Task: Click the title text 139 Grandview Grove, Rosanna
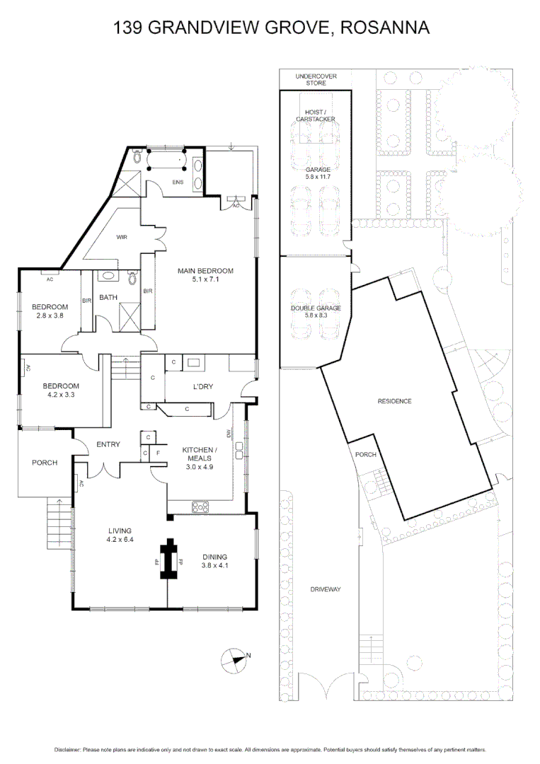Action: [271, 28]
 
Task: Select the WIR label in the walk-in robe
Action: [121, 237]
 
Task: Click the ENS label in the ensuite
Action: [178, 183]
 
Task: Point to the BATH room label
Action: [108, 297]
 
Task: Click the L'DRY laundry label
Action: [203, 386]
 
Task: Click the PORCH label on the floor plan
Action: [45, 463]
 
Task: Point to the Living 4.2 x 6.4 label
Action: [120, 535]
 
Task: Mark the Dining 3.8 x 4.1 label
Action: [215, 560]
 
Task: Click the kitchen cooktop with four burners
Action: [200, 506]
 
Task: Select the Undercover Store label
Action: [316, 79]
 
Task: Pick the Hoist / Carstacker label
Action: [316, 115]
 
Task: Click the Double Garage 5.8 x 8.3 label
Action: [316, 312]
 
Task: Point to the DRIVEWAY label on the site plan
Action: [326, 589]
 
